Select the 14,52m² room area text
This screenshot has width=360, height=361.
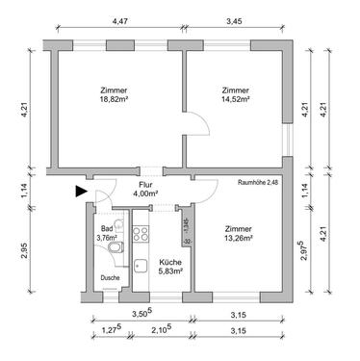coord(235,99)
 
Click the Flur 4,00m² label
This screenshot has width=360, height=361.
coord(146,191)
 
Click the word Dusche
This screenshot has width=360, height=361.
coord(110,280)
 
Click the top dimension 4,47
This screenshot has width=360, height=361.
coord(120,19)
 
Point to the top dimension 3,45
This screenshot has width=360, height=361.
coord(234,19)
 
